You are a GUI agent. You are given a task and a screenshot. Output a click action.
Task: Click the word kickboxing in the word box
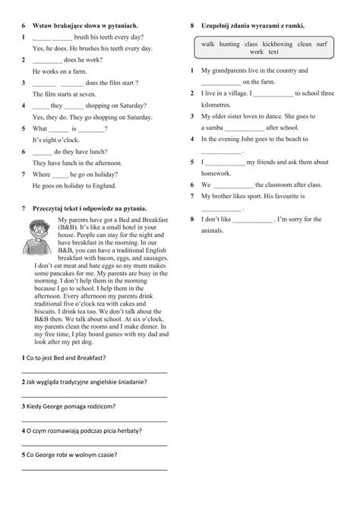pyautogui.click(x=277, y=44)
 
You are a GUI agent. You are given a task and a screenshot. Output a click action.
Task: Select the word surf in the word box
pyautogui.click(x=324, y=44)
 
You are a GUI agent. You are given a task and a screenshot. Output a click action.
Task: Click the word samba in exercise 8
pyautogui.click(x=219, y=128)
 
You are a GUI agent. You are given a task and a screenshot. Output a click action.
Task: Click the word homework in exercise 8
pyautogui.click(x=219, y=173)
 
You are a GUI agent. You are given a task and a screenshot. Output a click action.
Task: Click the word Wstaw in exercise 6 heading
pyautogui.click(x=44, y=26)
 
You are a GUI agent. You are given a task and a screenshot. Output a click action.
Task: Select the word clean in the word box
pyautogui.click(x=305, y=44)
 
